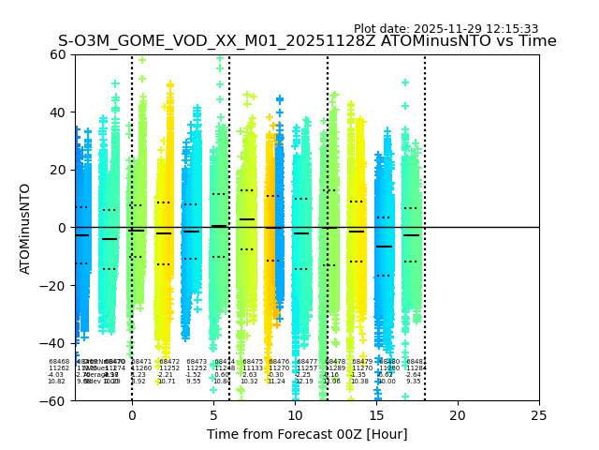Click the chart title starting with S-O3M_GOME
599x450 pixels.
click(307, 41)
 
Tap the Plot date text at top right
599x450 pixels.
click(446, 29)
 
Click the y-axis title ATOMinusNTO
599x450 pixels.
click(26, 228)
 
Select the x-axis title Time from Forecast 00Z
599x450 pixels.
click(307, 434)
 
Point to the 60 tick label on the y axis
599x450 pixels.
click(58, 54)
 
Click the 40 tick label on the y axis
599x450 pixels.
click(58, 112)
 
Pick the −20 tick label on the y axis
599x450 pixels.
click(54, 285)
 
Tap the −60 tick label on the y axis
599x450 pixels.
click(54, 400)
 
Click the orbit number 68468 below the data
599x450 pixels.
click(59, 361)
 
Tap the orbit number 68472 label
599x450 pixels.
click(169, 361)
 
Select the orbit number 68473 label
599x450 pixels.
click(197, 361)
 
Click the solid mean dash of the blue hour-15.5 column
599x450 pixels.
click(384, 246)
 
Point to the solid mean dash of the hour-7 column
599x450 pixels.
click(247, 219)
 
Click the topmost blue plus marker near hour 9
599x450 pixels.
click(279, 99)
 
